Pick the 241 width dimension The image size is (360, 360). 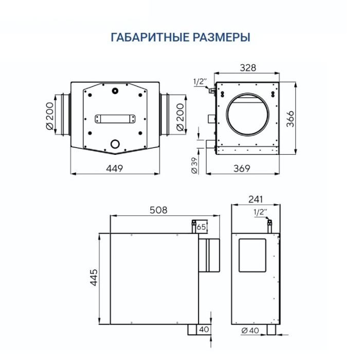[256, 198]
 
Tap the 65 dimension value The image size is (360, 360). [201, 227]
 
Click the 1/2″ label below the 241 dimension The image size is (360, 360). [260, 211]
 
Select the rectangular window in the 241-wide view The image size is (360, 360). [253, 255]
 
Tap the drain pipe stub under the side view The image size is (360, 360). [193, 329]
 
